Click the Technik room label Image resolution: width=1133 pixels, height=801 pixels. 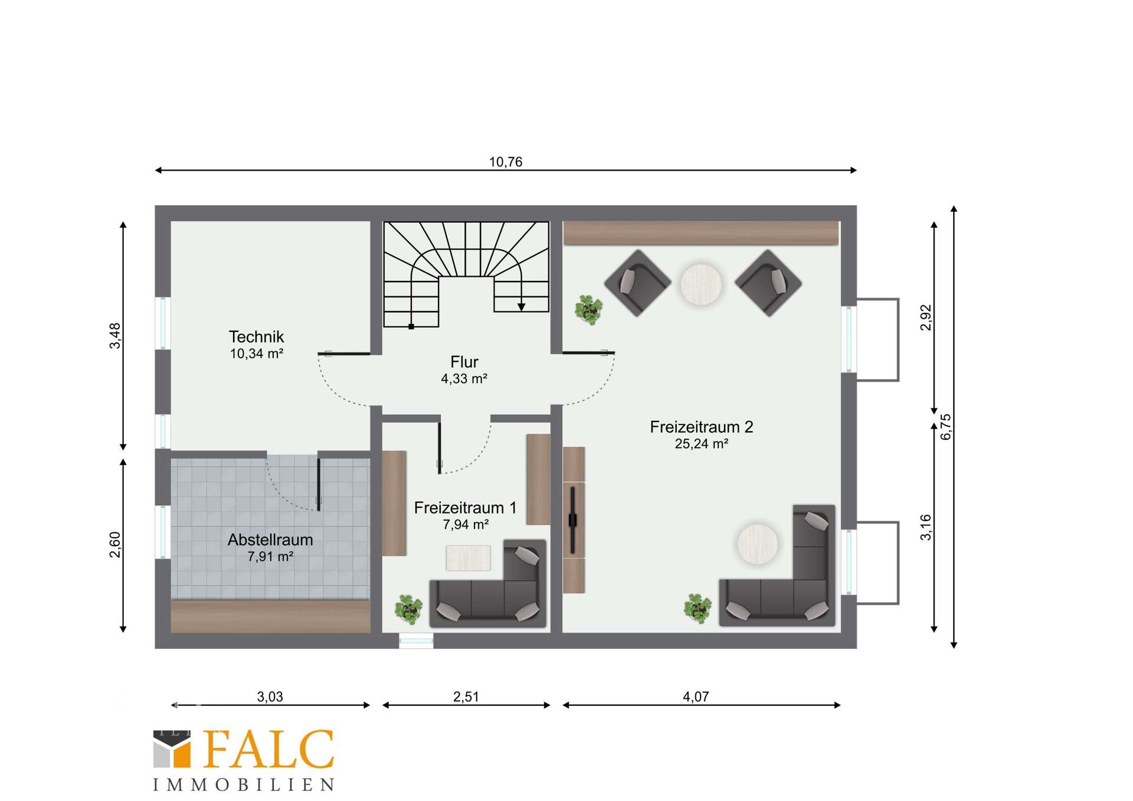[256, 336]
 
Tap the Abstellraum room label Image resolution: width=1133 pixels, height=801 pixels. [270, 540]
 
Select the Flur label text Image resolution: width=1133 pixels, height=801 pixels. [464, 362]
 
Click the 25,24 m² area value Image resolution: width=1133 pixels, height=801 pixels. [702, 444]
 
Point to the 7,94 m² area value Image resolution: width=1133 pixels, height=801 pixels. [466, 524]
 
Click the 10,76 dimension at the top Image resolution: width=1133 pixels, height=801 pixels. [506, 162]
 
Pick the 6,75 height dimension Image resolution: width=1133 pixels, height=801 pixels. [946, 427]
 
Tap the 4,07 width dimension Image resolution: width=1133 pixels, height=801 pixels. [696, 697]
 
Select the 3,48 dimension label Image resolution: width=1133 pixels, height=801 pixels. [115, 335]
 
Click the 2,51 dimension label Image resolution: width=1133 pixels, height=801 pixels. [466, 697]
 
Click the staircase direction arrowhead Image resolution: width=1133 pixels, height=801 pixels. [522, 307]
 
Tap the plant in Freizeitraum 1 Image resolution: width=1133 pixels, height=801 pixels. [408, 609]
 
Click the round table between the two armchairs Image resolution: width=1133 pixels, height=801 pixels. [701, 285]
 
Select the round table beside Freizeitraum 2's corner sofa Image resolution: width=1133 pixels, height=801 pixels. [758, 544]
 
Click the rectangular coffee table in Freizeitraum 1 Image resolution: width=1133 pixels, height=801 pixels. [468, 558]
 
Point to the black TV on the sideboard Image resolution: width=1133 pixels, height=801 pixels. [572, 520]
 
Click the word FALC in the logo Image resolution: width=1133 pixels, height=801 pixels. [268, 750]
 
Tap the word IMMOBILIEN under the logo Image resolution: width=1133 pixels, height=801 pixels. [244, 784]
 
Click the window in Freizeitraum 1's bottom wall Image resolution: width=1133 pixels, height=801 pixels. [416, 640]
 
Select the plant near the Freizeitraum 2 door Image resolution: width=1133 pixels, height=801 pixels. [589, 310]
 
